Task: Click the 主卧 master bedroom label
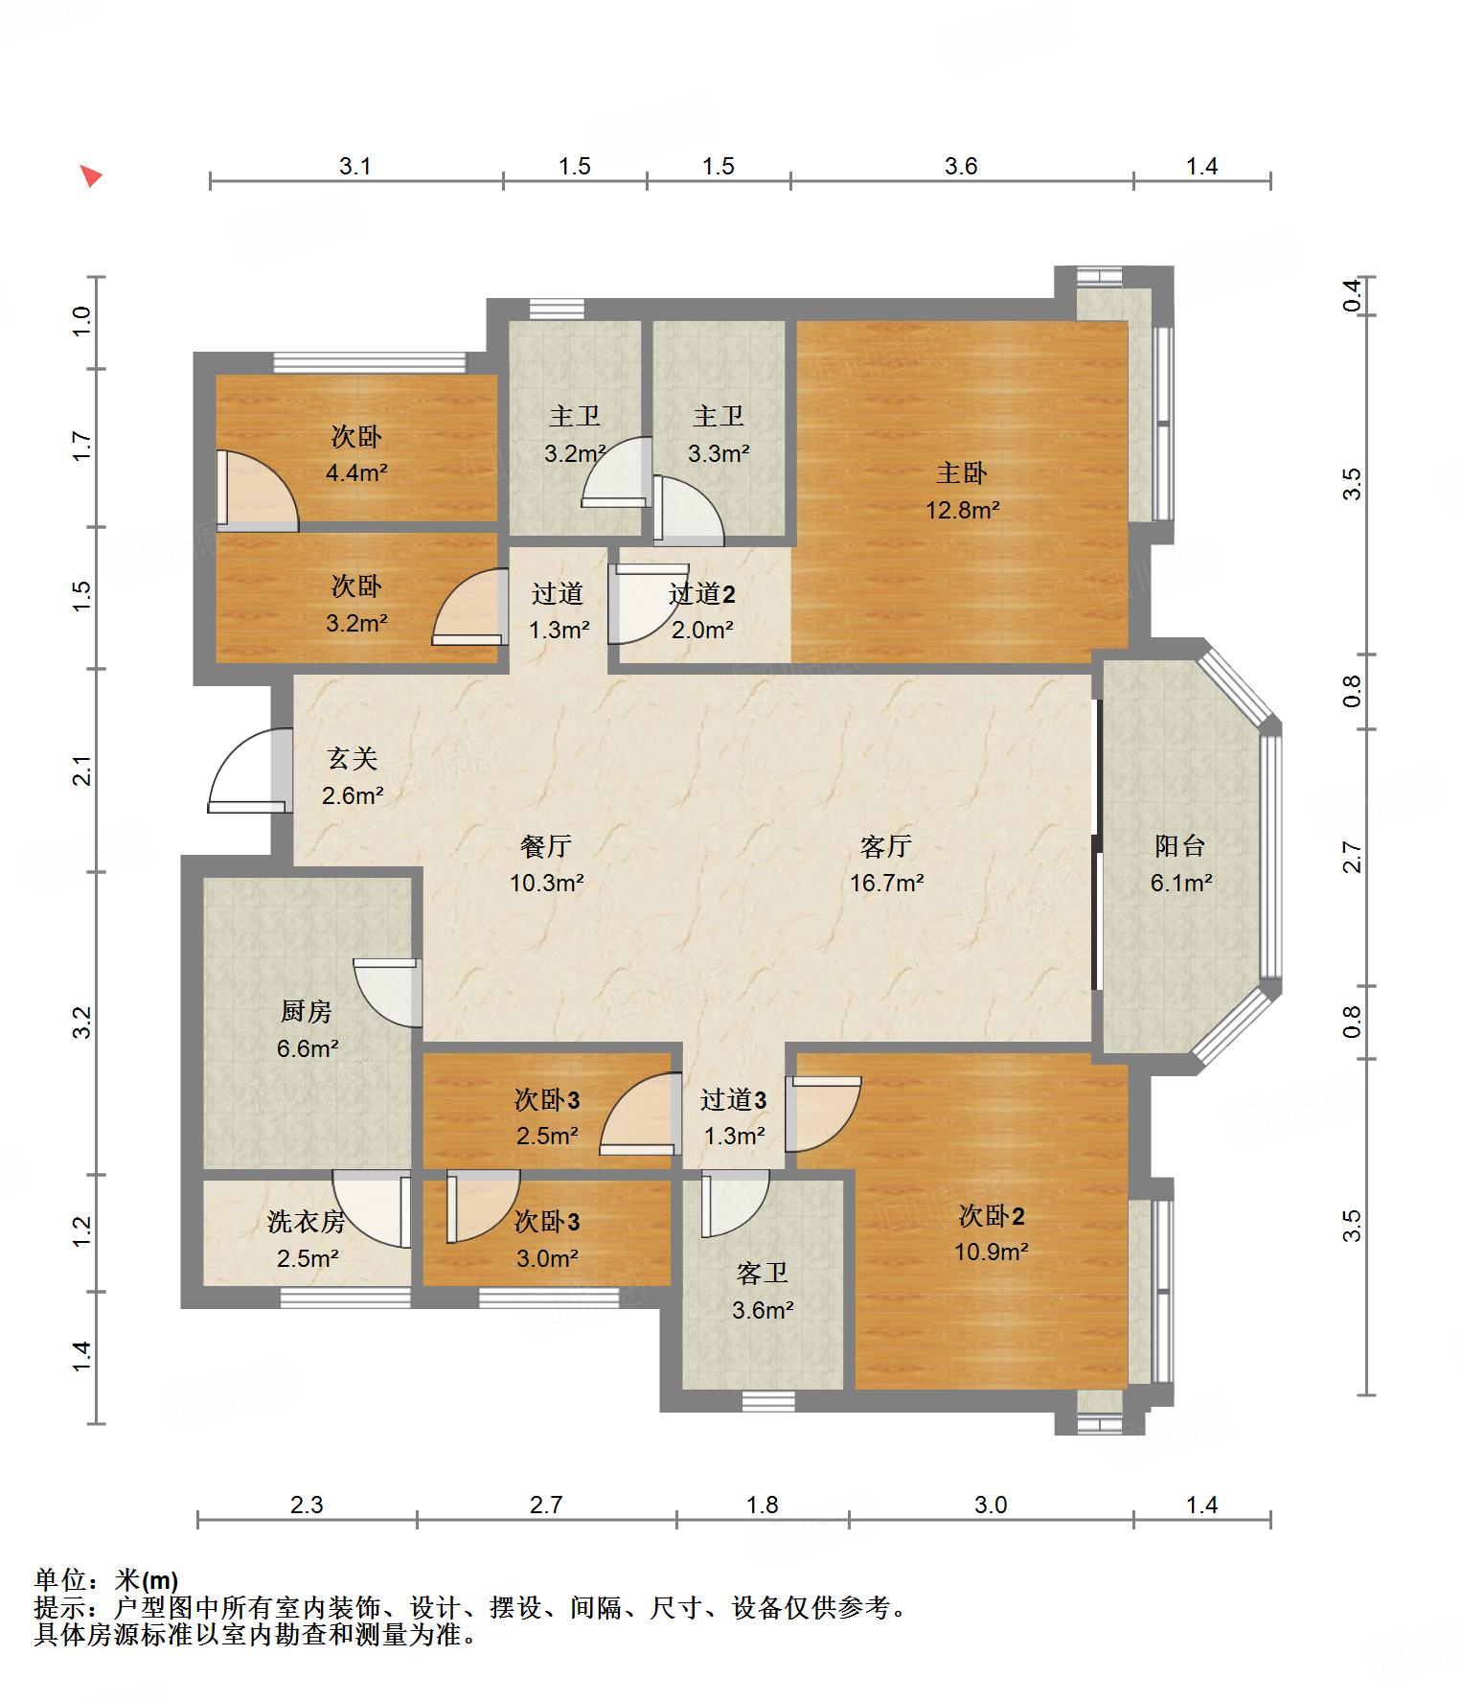coord(961,473)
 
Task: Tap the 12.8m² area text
coord(962,510)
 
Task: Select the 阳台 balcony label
coord(1179,846)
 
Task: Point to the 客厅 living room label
coord(885,846)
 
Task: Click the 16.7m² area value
coord(886,883)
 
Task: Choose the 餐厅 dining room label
coord(546,846)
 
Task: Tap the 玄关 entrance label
coord(353,759)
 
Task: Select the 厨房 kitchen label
coord(307,1011)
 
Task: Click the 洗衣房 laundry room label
coord(307,1222)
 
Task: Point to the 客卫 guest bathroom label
coord(763,1274)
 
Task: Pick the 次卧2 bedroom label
coord(992,1216)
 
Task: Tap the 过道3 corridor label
coord(733,1100)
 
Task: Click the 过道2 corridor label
coord(702,594)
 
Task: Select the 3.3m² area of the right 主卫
coord(719,453)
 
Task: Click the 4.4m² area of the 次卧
coord(356,472)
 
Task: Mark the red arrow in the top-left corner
coord(91,176)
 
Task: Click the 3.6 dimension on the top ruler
coord(961,167)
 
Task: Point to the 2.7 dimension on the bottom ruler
coord(546,1506)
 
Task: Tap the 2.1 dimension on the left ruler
coord(83,771)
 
